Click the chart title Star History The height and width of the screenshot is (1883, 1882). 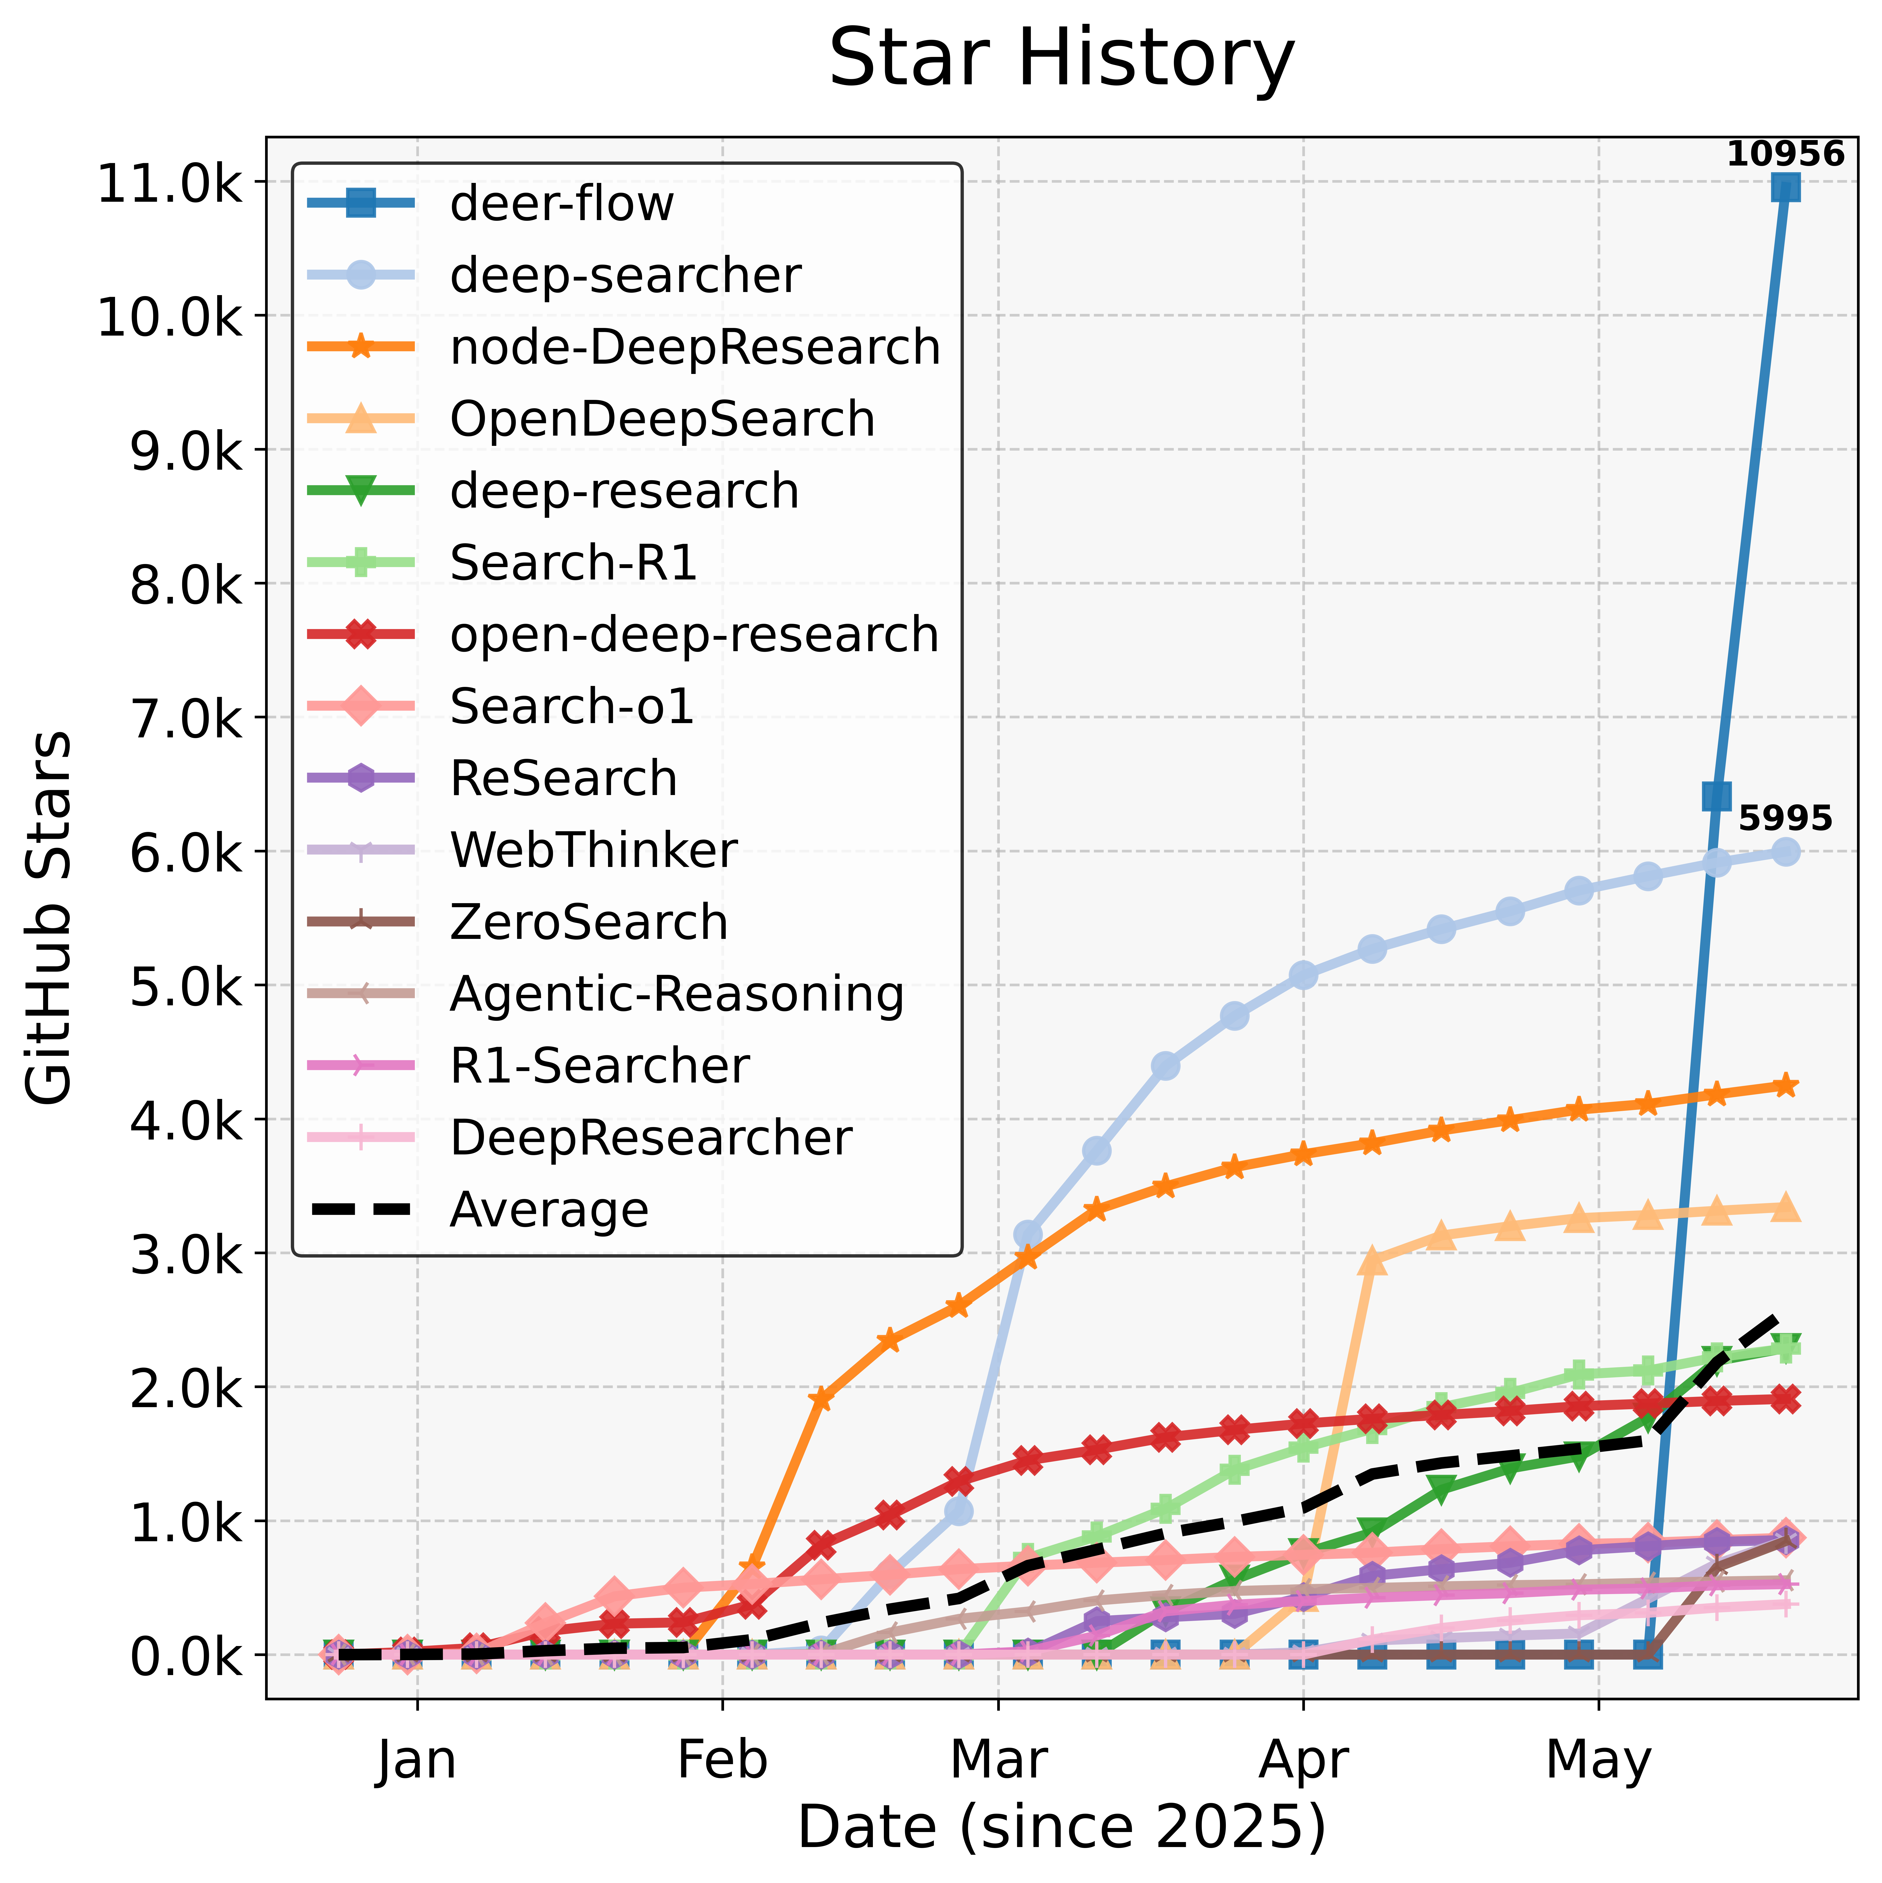tap(1061, 59)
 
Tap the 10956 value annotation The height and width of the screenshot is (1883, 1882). tap(1786, 154)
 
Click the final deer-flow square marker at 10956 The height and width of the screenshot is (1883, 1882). tap(1786, 187)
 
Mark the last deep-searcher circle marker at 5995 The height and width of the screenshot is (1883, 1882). tap(1786, 852)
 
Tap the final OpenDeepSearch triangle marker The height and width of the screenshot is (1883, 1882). tap(1786, 1208)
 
